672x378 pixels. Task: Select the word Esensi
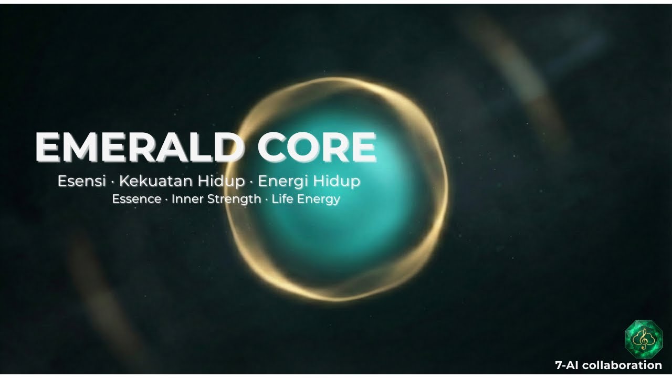pos(82,182)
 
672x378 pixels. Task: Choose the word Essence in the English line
pos(136,199)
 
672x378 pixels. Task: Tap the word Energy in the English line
pos(319,199)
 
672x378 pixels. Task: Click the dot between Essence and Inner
pos(166,199)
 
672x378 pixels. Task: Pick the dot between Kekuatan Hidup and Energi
pos(251,182)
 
